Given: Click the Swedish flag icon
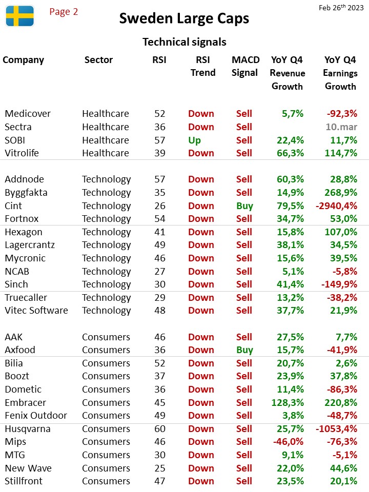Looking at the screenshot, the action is (20, 16).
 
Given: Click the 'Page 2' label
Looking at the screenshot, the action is (64, 12).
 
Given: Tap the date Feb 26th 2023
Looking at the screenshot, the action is (341, 8).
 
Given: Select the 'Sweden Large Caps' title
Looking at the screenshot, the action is (184, 18).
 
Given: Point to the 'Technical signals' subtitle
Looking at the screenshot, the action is (184, 42).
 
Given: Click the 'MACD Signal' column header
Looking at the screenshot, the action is (245, 66).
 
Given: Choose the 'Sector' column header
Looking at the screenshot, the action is (98, 60).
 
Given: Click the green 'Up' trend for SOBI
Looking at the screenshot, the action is (195, 140).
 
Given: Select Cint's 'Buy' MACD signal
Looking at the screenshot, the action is (245, 206).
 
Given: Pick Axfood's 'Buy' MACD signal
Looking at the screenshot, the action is (245, 350).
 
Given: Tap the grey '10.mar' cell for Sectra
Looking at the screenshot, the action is (341, 127).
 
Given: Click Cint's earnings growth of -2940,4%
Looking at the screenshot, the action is (336, 206).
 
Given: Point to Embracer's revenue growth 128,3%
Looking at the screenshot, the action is (288, 403).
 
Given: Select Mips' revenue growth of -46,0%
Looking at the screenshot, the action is (289, 441).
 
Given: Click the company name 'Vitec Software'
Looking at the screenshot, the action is (36, 311).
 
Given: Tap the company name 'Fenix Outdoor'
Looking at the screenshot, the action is (36, 416).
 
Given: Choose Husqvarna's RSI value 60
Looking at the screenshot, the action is (160, 428).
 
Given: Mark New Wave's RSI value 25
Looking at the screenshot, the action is (160, 468).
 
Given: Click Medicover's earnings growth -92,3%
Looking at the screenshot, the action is (342, 114).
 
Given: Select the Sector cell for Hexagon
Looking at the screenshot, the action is (107, 232).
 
